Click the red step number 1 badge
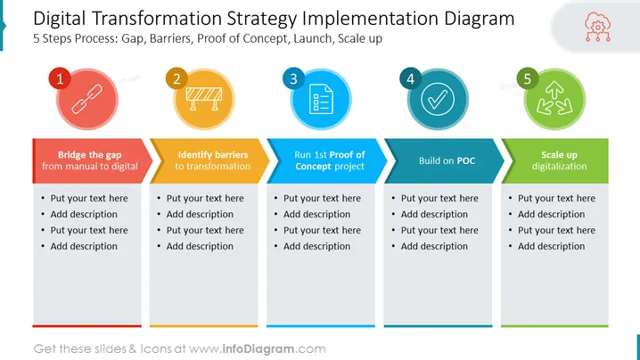60,78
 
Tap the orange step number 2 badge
176,78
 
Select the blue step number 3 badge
293,78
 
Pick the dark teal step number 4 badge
411,78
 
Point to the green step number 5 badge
528,78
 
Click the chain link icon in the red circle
87,99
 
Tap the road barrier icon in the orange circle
203,99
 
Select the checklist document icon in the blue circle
321,99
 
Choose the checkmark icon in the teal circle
438,99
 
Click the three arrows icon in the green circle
554,98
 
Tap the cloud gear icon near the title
598,27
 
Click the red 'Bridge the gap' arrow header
92,160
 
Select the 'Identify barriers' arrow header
209,160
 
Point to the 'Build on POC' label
447,160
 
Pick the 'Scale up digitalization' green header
555,160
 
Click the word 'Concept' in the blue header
313,167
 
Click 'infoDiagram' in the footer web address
258,349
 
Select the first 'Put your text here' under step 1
89,199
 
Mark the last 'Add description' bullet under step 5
551,246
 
